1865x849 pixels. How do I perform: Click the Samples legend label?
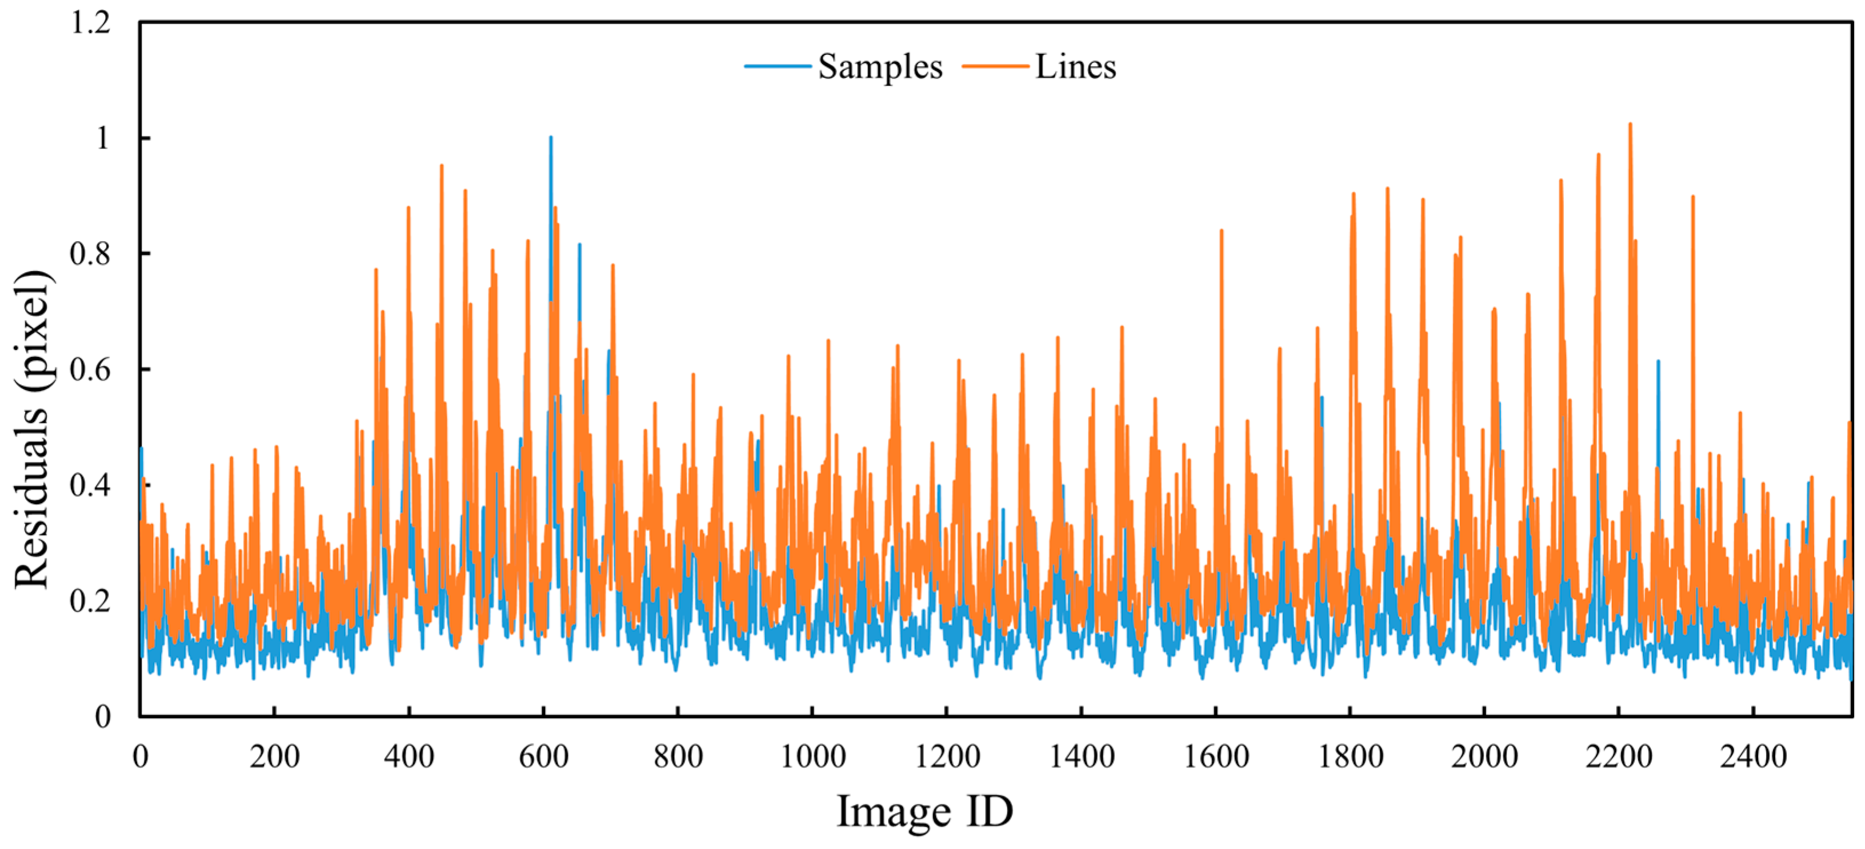click(880, 67)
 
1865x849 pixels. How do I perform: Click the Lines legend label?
click(1075, 67)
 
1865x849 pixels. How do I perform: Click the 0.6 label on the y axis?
click(90, 369)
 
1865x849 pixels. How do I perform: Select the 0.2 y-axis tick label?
click(90, 600)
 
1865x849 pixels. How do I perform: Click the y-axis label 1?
click(102, 138)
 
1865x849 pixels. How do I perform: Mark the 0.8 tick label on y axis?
click(90, 253)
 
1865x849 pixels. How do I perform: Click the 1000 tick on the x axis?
click(813, 757)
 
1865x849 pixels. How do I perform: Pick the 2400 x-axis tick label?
click(1753, 757)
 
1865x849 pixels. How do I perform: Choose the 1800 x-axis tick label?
click(1350, 757)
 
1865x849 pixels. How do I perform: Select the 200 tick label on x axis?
click(274, 757)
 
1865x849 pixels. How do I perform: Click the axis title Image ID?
click(925, 811)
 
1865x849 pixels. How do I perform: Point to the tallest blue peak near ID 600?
click(550, 138)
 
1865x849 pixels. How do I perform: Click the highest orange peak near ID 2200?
click(1630, 125)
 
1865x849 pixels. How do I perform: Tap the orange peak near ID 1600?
click(1222, 231)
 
